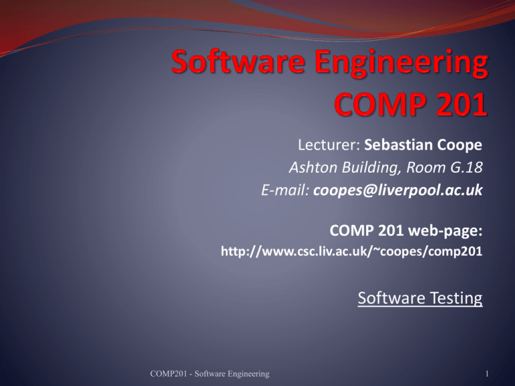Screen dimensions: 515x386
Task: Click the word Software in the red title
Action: click(x=238, y=62)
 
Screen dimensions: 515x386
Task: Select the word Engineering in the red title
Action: click(x=402, y=64)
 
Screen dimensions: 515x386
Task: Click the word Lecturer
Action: click(x=329, y=145)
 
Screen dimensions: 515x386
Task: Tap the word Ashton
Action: click(x=313, y=168)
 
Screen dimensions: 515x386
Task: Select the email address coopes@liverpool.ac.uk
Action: click(x=398, y=190)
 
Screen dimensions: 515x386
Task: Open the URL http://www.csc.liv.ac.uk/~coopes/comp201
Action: click(x=352, y=251)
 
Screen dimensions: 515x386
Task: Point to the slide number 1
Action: click(x=487, y=374)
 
